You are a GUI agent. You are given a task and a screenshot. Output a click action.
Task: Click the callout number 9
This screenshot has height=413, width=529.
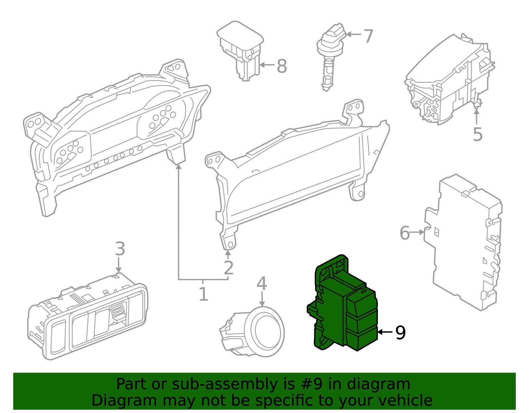point(400,332)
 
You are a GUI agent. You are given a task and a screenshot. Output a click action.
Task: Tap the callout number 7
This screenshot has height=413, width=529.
point(368,36)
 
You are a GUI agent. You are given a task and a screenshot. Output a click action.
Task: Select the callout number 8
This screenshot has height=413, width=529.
point(282,66)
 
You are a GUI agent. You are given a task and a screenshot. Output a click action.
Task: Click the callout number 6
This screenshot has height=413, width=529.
point(405,233)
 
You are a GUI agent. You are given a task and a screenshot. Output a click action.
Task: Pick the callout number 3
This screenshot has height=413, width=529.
point(120,249)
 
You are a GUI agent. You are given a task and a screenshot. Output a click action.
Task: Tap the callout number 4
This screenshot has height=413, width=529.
point(262,283)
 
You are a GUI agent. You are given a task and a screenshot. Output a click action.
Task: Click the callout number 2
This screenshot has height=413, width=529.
point(228,268)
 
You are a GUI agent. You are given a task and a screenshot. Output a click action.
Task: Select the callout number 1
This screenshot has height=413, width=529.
point(203,294)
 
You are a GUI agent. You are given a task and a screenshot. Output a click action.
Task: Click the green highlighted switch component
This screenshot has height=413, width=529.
point(344,308)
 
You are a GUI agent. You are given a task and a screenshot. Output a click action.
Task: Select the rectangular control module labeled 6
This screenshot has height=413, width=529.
point(466,241)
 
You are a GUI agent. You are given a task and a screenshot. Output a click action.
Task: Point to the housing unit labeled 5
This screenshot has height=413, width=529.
point(450,79)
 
